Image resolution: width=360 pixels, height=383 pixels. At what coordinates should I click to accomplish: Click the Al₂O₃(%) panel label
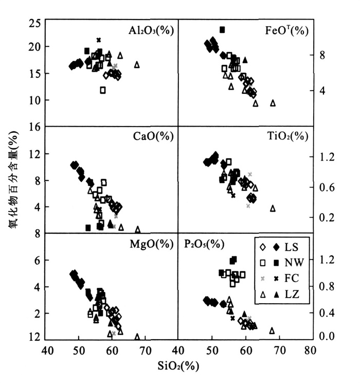(x=151, y=31)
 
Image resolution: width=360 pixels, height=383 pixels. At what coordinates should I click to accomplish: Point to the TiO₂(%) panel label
(x=287, y=136)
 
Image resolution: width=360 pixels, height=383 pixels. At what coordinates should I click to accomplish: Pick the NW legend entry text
(x=288, y=262)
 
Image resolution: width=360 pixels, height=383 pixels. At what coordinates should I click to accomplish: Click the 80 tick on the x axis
(x=309, y=352)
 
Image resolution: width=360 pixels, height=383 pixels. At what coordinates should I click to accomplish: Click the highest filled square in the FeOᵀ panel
(x=222, y=30)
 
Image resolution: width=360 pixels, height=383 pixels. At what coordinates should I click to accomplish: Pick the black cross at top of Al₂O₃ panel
(x=98, y=40)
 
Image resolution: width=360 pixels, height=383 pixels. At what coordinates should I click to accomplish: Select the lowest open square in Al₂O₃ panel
(x=103, y=90)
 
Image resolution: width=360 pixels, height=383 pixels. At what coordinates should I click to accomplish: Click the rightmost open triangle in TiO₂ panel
(x=273, y=208)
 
